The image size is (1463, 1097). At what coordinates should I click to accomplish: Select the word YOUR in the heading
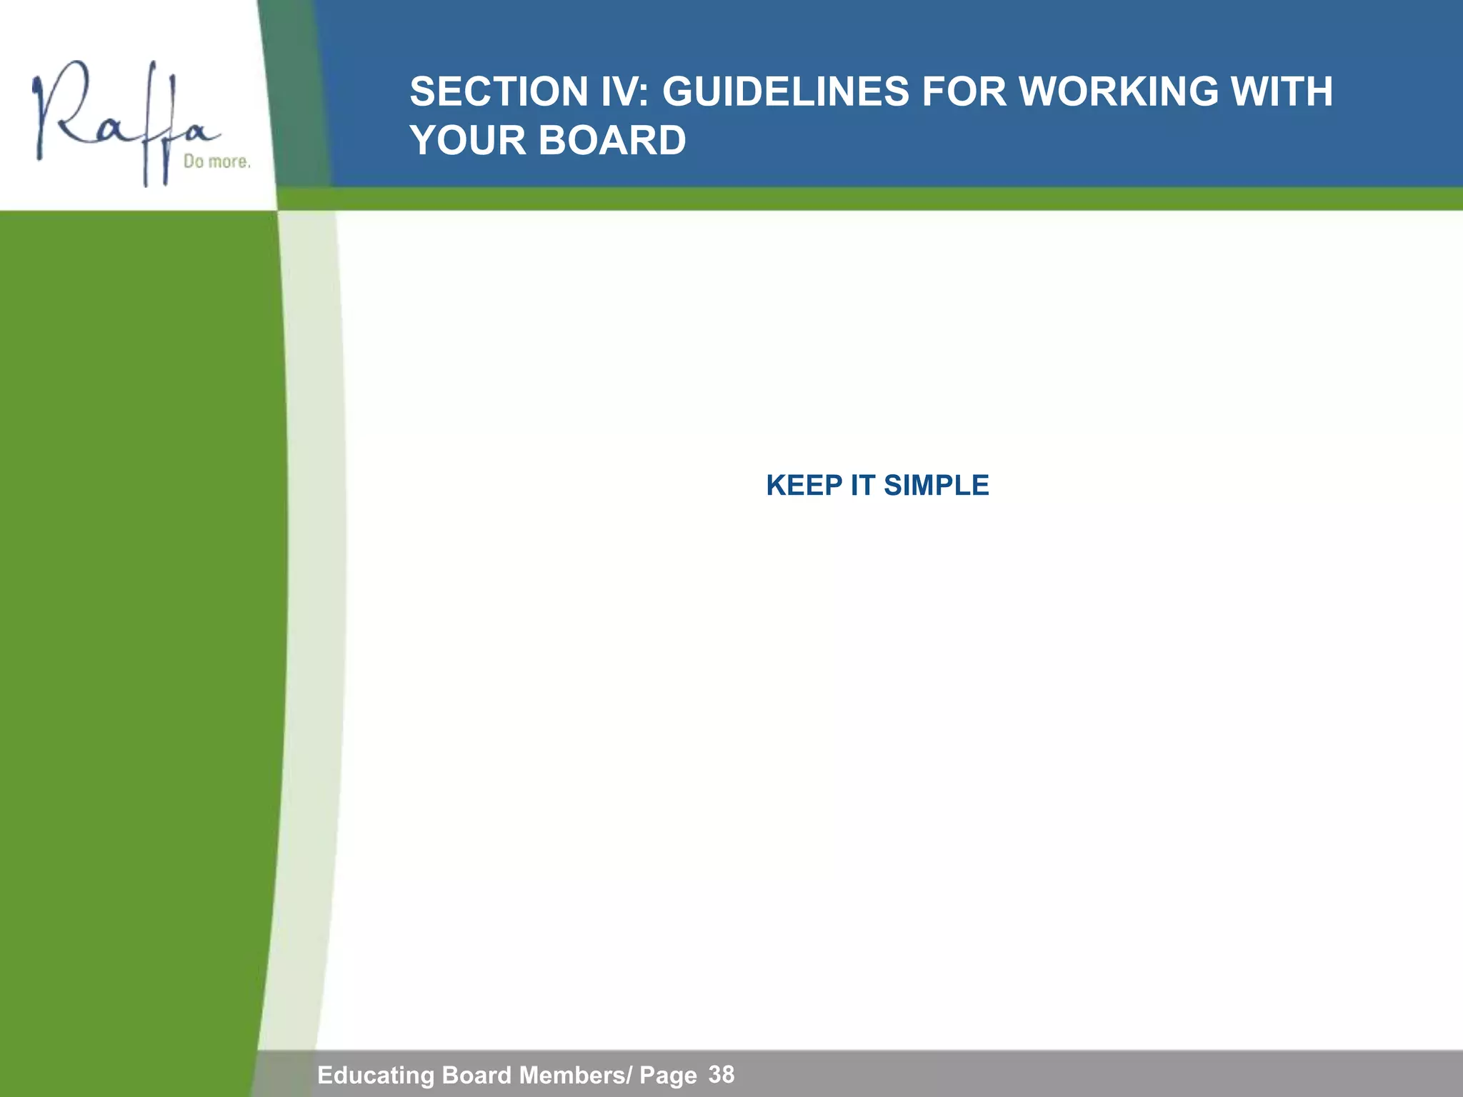(x=468, y=140)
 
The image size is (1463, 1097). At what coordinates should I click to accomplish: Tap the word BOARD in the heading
(x=612, y=140)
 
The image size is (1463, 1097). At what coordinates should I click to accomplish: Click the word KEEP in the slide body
(x=804, y=486)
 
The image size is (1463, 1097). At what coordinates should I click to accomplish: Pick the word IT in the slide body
(x=862, y=486)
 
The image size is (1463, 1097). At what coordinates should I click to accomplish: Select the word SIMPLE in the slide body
(x=936, y=486)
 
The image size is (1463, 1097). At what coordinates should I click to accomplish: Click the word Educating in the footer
(x=376, y=1076)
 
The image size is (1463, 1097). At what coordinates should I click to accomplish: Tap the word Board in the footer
(x=477, y=1076)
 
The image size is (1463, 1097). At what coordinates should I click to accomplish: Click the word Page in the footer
(x=668, y=1076)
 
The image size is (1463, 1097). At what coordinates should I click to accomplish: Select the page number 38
(x=721, y=1074)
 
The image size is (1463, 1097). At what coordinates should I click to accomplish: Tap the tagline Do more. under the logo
(x=217, y=162)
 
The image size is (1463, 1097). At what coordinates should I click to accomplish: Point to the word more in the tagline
(x=229, y=162)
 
